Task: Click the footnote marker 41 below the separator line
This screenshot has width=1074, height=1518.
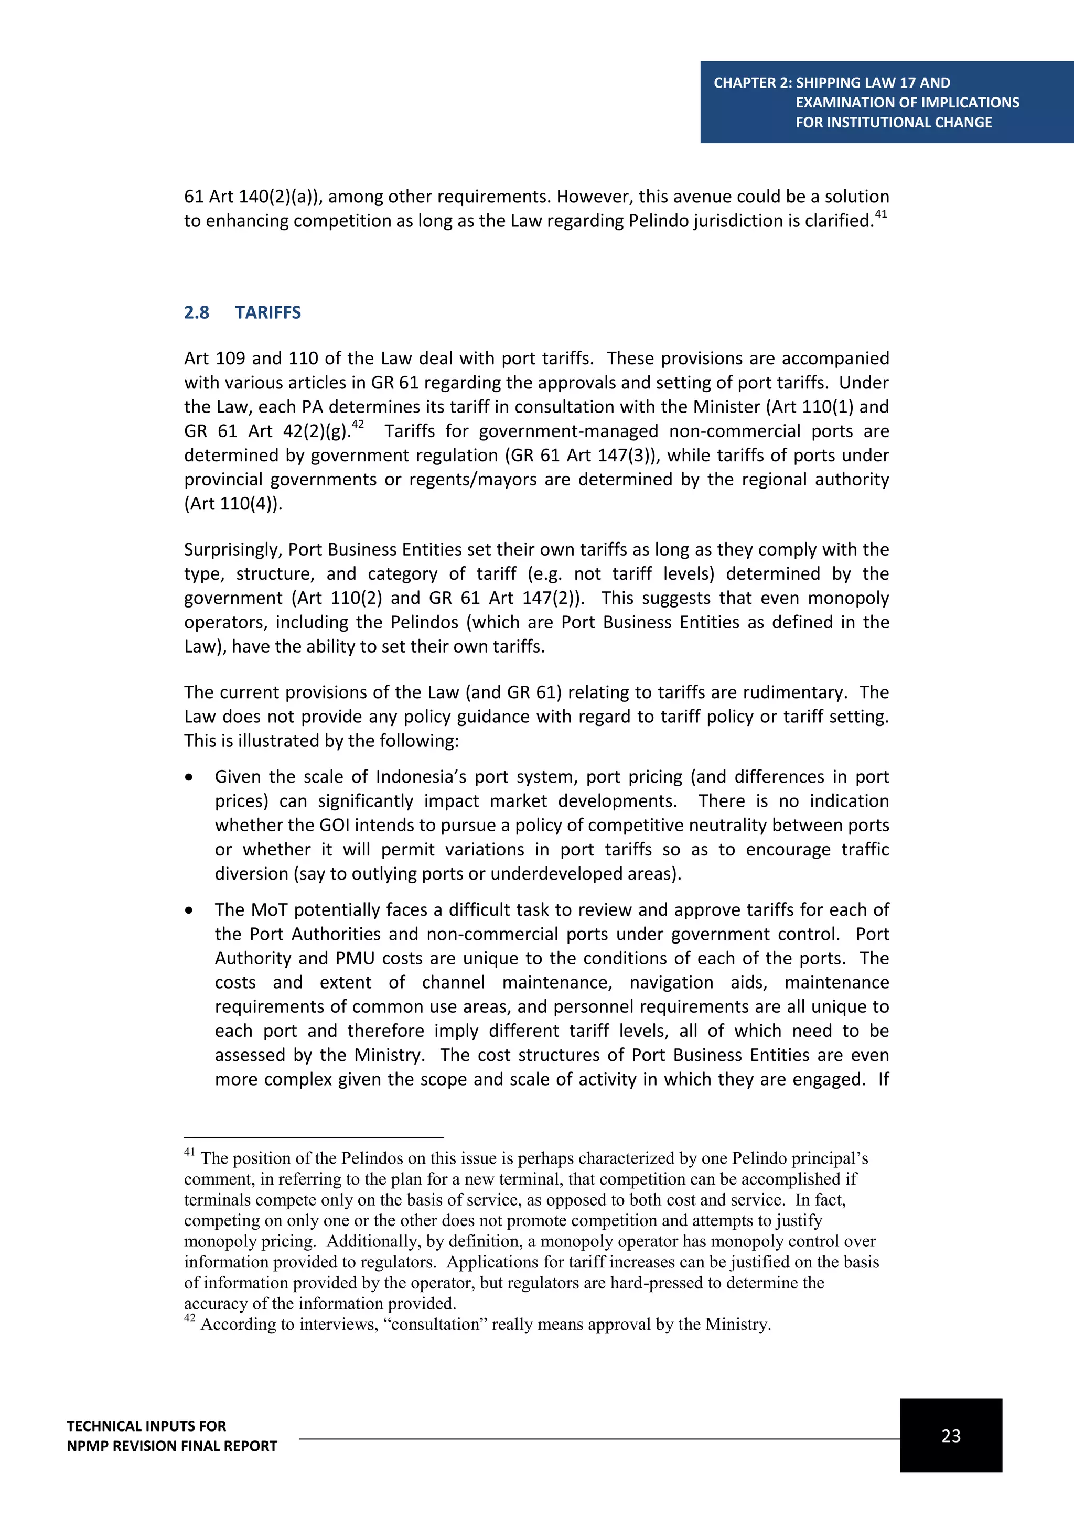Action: coord(189,1152)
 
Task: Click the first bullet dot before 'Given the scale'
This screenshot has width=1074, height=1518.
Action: coord(190,777)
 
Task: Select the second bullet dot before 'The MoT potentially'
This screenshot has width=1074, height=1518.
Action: coord(190,911)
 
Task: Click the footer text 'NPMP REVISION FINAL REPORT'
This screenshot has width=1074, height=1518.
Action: coord(172,1446)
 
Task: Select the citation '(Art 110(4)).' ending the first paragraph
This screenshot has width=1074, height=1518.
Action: coord(233,504)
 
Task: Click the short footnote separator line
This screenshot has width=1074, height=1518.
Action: coord(314,1137)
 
